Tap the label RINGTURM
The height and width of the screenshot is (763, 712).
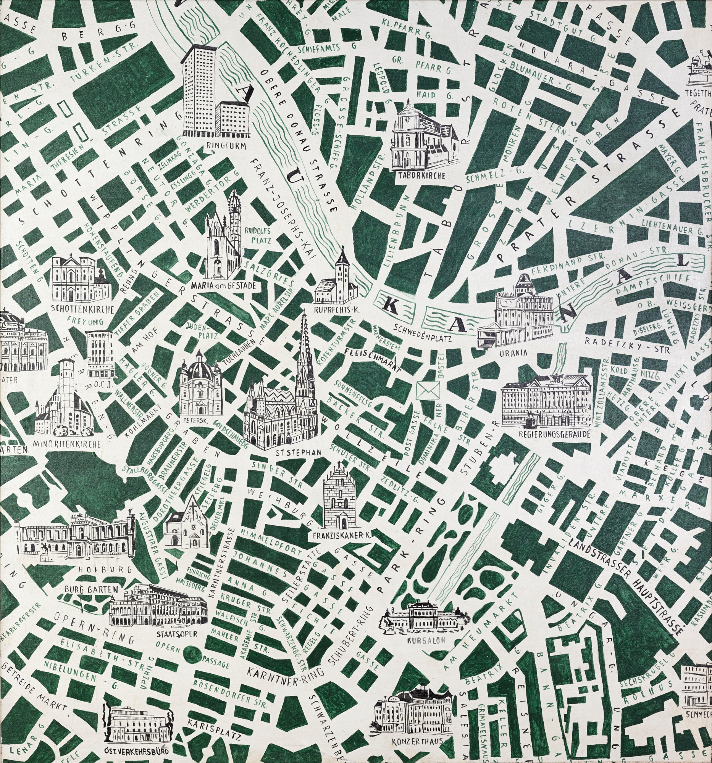point(222,145)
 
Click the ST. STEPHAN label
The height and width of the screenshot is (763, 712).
point(299,452)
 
